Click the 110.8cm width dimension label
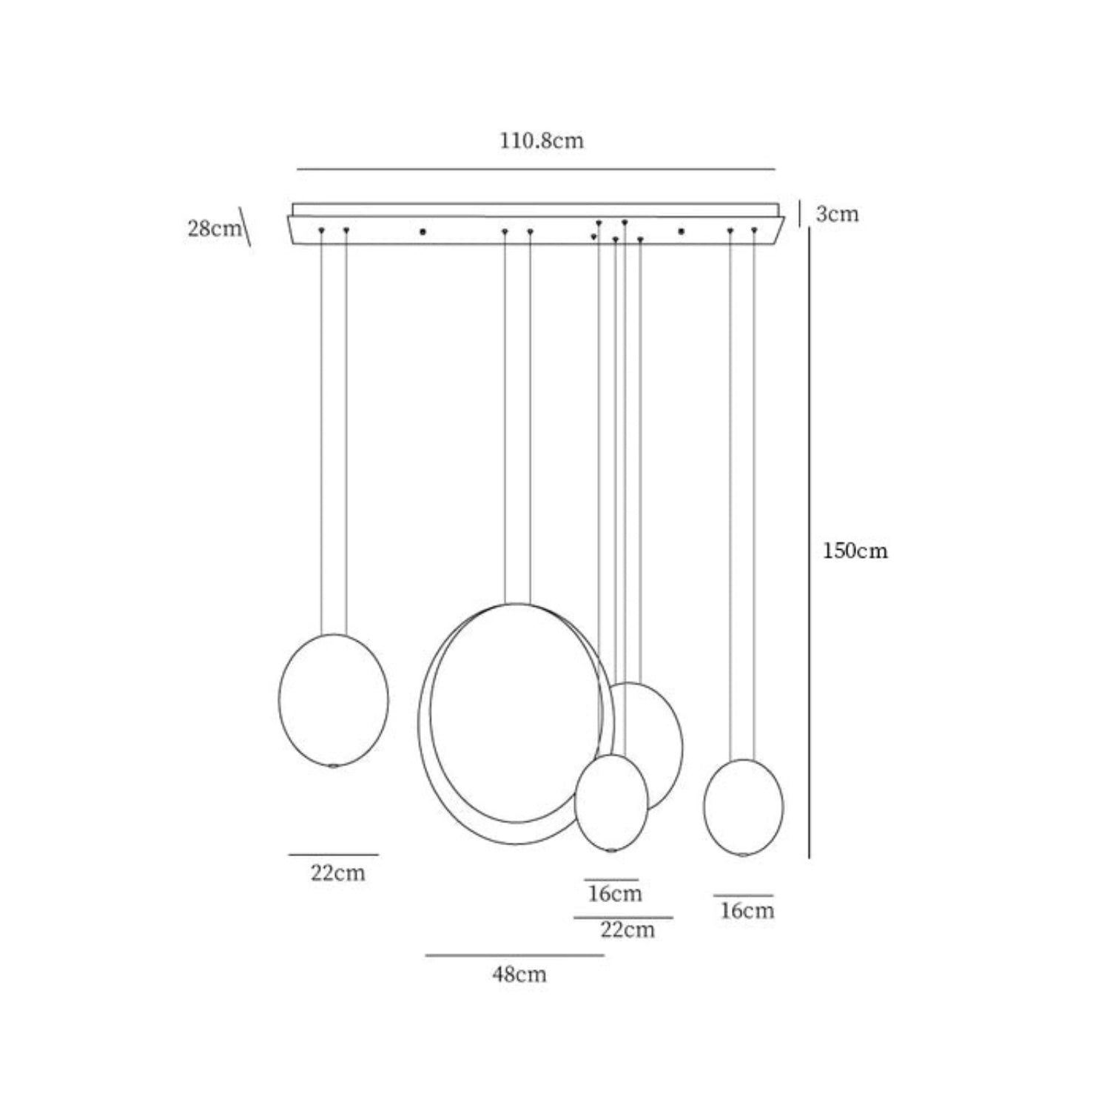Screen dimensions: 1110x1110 542,141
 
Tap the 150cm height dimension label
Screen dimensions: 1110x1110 855,551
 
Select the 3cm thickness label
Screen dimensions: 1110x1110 837,214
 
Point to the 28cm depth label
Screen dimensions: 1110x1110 215,228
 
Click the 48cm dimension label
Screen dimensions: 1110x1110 519,974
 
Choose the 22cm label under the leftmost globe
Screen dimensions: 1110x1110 337,872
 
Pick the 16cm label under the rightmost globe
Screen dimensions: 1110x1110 747,910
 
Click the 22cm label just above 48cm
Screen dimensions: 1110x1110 628,929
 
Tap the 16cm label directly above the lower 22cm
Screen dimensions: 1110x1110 615,893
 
